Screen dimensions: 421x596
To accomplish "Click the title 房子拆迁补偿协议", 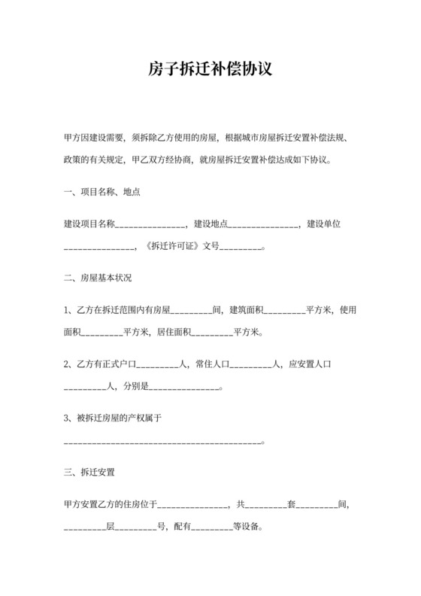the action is [x=210, y=69].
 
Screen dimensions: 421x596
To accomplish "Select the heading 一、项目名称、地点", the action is [x=102, y=192].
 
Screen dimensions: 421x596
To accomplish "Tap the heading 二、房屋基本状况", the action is [x=98, y=278].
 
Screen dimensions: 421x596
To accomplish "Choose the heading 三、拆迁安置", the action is [x=89, y=473].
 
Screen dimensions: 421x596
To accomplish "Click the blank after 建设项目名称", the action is [x=150, y=224].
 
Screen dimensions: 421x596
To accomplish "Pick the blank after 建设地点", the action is [x=263, y=224].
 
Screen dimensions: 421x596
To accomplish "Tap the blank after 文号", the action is [x=241, y=246].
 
